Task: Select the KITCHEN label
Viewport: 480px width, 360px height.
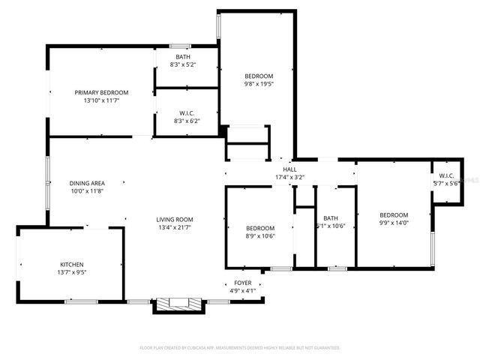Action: (x=72, y=265)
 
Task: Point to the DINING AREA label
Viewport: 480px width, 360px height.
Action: (x=87, y=183)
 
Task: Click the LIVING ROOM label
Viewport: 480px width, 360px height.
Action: (x=175, y=219)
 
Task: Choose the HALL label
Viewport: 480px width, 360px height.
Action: (x=289, y=169)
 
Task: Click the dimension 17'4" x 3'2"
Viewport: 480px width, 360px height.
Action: (x=289, y=178)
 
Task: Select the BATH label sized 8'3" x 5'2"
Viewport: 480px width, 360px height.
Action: (x=183, y=57)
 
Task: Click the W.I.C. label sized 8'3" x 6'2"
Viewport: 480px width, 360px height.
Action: (x=187, y=112)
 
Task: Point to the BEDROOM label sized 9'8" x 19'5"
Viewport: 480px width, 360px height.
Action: (x=259, y=76)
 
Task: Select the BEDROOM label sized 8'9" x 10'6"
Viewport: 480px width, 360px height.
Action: (x=259, y=228)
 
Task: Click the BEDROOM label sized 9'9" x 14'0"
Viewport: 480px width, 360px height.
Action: (x=393, y=214)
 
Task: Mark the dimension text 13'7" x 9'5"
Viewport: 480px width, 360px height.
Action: (x=72, y=273)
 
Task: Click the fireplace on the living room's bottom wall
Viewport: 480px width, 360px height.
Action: (x=178, y=304)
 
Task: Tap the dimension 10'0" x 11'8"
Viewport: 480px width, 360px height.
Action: (x=87, y=191)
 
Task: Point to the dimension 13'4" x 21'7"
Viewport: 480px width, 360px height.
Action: (x=175, y=227)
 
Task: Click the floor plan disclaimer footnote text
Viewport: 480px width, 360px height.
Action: (x=240, y=348)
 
